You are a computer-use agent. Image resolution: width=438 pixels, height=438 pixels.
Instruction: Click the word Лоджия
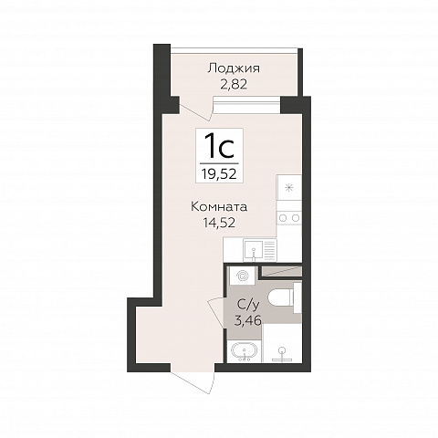click(x=234, y=69)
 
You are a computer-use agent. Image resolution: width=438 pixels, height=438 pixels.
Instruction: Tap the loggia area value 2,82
click(x=234, y=84)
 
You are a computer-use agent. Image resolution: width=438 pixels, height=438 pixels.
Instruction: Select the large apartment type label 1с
click(x=219, y=147)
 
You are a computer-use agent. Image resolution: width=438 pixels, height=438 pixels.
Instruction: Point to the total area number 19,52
click(x=219, y=174)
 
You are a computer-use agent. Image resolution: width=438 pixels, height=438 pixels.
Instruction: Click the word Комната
click(x=219, y=207)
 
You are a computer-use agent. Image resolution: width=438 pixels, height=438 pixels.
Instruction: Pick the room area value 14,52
click(x=219, y=223)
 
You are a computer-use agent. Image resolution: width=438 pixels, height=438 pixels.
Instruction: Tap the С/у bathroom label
click(x=247, y=305)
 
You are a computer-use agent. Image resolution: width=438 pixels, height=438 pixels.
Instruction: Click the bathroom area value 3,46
click(x=247, y=320)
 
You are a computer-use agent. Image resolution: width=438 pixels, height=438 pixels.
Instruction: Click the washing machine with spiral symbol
click(x=242, y=276)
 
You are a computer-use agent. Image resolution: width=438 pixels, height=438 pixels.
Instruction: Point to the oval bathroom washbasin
click(x=244, y=350)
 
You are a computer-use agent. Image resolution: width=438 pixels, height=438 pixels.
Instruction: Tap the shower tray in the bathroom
click(x=282, y=343)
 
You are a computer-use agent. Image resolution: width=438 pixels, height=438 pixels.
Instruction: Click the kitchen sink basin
click(x=254, y=250)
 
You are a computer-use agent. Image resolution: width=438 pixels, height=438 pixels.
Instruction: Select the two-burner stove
click(x=289, y=218)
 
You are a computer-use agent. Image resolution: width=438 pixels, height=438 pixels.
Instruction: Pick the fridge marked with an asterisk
click(x=289, y=188)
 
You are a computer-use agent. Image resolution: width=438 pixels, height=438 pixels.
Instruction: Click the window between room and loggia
click(x=246, y=101)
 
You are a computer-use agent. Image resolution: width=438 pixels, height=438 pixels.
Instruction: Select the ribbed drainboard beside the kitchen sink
click(x=270, y=250)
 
